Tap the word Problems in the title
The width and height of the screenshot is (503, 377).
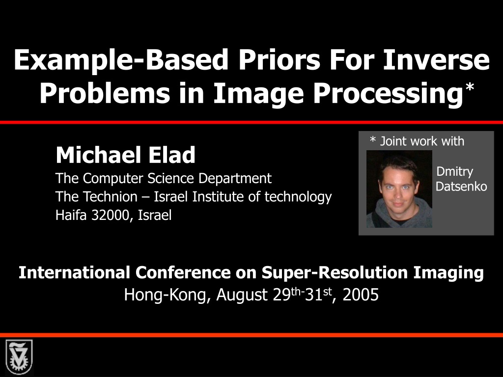click(x=105, y=93)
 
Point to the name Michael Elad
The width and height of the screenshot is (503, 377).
click(x=125, y=155)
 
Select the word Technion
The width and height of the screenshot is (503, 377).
click(x=111, y=196)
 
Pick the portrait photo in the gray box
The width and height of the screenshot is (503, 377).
click(x=399, y=189)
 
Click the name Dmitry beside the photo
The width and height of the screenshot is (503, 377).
click(x=454, y=172)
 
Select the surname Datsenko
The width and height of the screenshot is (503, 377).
click(x=461, y=187)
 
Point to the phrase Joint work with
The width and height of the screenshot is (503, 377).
click(x=422, y=141)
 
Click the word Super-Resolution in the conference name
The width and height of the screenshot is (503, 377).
click(x=335, y=273)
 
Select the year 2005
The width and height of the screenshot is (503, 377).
click(x=361, y=295)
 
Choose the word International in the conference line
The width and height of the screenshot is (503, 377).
click(x=74, y=272)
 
